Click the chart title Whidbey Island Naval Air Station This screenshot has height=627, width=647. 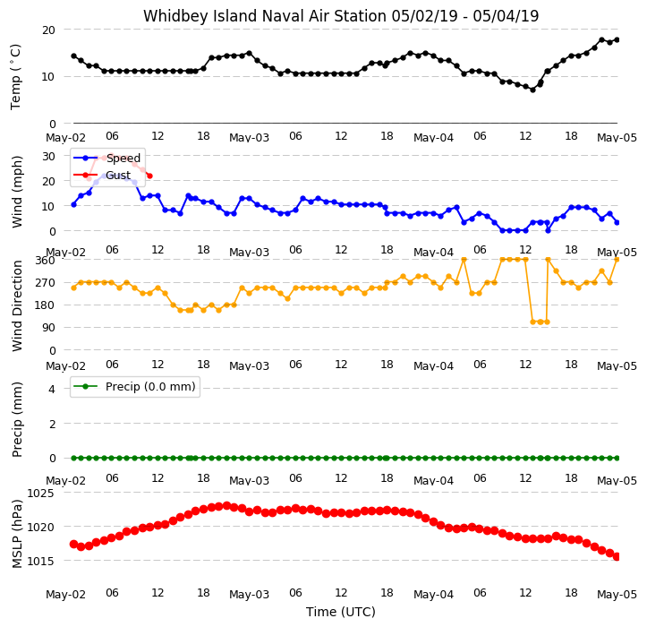(265, 16)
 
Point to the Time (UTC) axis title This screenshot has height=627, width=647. (340, 612)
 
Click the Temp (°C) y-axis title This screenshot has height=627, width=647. (16, 77)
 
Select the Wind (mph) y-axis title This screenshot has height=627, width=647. (16, 192)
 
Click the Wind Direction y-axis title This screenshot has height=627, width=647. (16, 305)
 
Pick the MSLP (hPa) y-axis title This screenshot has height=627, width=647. (16, 534)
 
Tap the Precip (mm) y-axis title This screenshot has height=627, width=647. (16, 419)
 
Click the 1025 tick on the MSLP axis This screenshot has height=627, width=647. (40, 494)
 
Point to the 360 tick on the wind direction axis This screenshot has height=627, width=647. (45, 261)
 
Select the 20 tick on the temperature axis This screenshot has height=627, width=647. (48, 30)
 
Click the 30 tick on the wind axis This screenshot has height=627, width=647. (48, 156)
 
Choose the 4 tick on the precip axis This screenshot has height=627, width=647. (52, 389)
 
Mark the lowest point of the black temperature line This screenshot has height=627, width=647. (532, 90)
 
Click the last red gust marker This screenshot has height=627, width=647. (149, 176)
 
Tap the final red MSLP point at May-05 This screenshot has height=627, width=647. (617, 557)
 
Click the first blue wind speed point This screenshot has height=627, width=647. (74, 204)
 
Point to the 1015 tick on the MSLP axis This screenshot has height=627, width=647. (40, 562)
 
